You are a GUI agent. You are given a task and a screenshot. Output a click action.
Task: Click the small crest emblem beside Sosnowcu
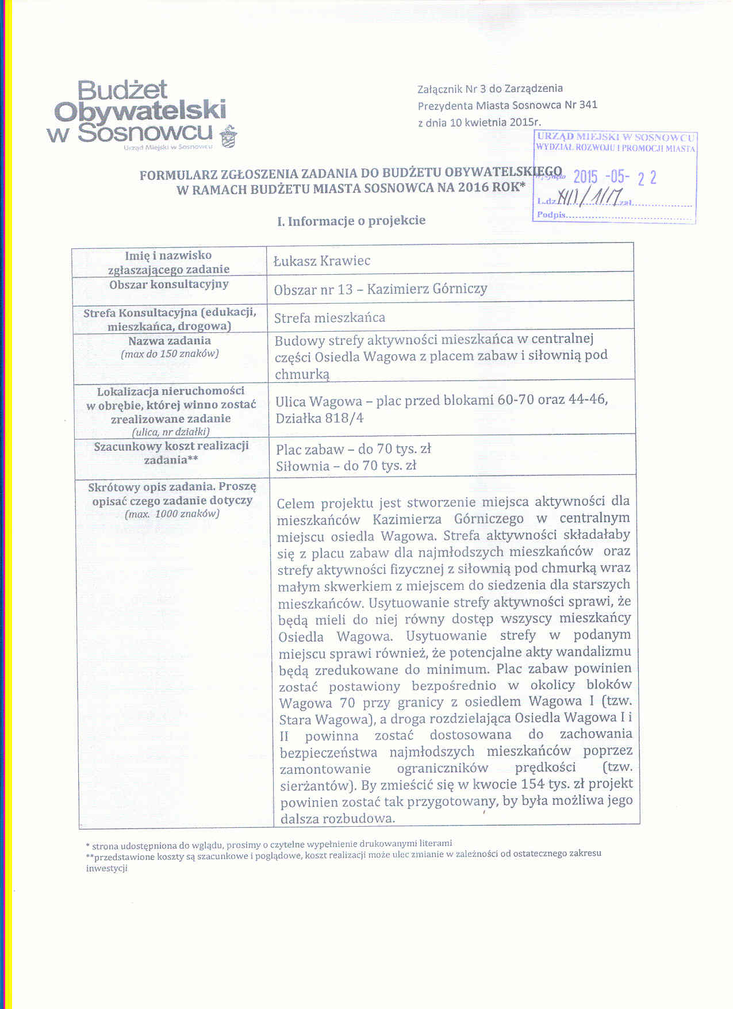229,136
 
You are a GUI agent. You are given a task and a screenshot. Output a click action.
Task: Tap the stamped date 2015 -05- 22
615,177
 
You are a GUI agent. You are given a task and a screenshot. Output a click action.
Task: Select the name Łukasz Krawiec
322,261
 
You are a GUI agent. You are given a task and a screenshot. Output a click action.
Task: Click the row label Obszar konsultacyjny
169,285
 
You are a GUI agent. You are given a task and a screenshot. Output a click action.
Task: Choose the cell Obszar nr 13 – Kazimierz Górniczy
381,289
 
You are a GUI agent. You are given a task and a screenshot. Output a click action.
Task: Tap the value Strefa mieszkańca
329,318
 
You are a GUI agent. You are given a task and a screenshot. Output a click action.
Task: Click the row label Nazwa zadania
170,341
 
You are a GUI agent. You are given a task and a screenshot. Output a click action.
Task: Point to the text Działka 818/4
320,418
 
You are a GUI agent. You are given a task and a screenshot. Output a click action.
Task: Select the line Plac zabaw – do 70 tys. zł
353,449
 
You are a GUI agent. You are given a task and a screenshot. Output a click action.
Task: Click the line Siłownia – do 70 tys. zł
346,466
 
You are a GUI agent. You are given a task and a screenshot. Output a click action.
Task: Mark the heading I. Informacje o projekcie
351,221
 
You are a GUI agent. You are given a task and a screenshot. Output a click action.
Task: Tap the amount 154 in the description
534,784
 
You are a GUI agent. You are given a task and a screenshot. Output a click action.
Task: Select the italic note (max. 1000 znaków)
172,514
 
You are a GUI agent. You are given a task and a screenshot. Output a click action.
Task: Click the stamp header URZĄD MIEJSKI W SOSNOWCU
616,137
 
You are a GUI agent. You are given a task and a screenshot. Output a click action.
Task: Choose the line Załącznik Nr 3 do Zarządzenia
490,89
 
